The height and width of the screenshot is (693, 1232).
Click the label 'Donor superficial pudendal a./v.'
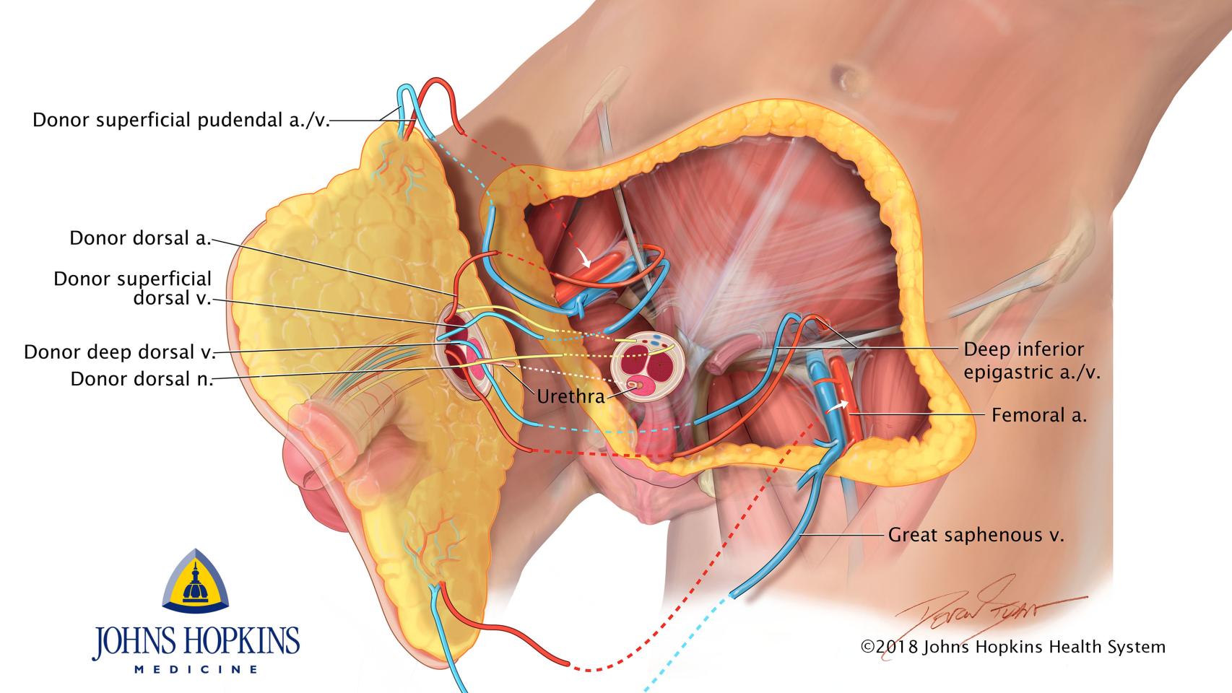pyautogui.click(x=181, y=120)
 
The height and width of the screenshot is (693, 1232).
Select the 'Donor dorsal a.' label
pyautogui.click(x=140, y=238)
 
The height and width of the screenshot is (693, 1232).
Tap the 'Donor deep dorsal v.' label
pyautogui.click(x=120, y=352)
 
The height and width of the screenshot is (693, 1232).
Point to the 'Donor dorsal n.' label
pyautogui.click(x=142, y=379)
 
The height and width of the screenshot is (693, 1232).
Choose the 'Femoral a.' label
pyautogui.click(x=1039, y=415)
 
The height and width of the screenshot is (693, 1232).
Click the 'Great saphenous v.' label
pyautogui.click(x=976, y=535)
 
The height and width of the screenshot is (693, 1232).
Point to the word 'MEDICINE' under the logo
pyautogui.click(x=196, y=669)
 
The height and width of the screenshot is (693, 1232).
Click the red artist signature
pyautogui.click(x=989, y=606)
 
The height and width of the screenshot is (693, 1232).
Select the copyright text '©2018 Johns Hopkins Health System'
pyautogui.click(x=1012, y=647)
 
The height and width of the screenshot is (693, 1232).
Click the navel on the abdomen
pyautogui.click(x=843, y=74)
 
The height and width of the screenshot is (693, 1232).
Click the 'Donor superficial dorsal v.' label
pyautogui.click(x=133, y=288)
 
